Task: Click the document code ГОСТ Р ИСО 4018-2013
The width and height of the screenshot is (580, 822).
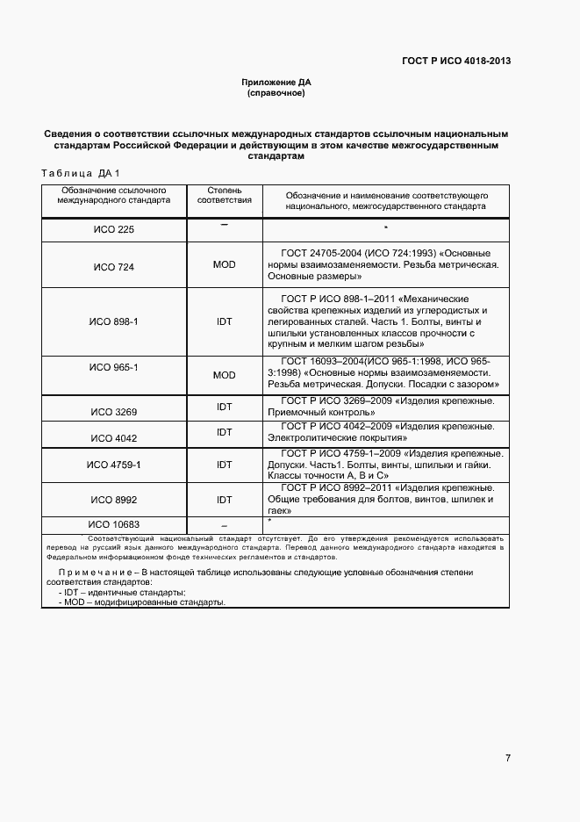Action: (456, 61)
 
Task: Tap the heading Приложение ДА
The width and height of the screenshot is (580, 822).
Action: (276, 83)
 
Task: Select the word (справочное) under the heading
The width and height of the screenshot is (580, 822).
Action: (276, 92)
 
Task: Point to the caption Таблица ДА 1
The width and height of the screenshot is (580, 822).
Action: (81, 173)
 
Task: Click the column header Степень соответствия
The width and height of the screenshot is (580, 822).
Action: (224, 195)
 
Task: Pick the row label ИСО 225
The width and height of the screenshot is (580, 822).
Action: (113, 230)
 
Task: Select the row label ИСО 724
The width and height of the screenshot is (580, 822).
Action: (113, 266)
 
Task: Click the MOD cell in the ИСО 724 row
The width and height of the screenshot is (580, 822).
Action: (224, 264)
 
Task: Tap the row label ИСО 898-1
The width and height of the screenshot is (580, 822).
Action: (113, 321)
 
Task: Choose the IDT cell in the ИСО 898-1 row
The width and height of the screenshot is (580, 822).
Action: (224, 321)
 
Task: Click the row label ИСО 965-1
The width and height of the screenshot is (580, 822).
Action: (113, 366)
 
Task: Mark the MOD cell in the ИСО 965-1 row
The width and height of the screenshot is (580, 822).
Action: (224, 375)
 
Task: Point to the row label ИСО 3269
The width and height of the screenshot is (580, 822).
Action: (113, 411)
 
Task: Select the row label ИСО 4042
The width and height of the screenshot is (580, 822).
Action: (113, 437)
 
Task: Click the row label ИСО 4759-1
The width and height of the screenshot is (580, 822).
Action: (113, 465)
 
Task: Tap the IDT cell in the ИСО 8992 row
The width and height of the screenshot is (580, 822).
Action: (224, 500)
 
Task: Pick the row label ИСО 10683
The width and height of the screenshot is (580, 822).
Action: (113, 524)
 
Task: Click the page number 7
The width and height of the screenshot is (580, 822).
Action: (507, 758)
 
